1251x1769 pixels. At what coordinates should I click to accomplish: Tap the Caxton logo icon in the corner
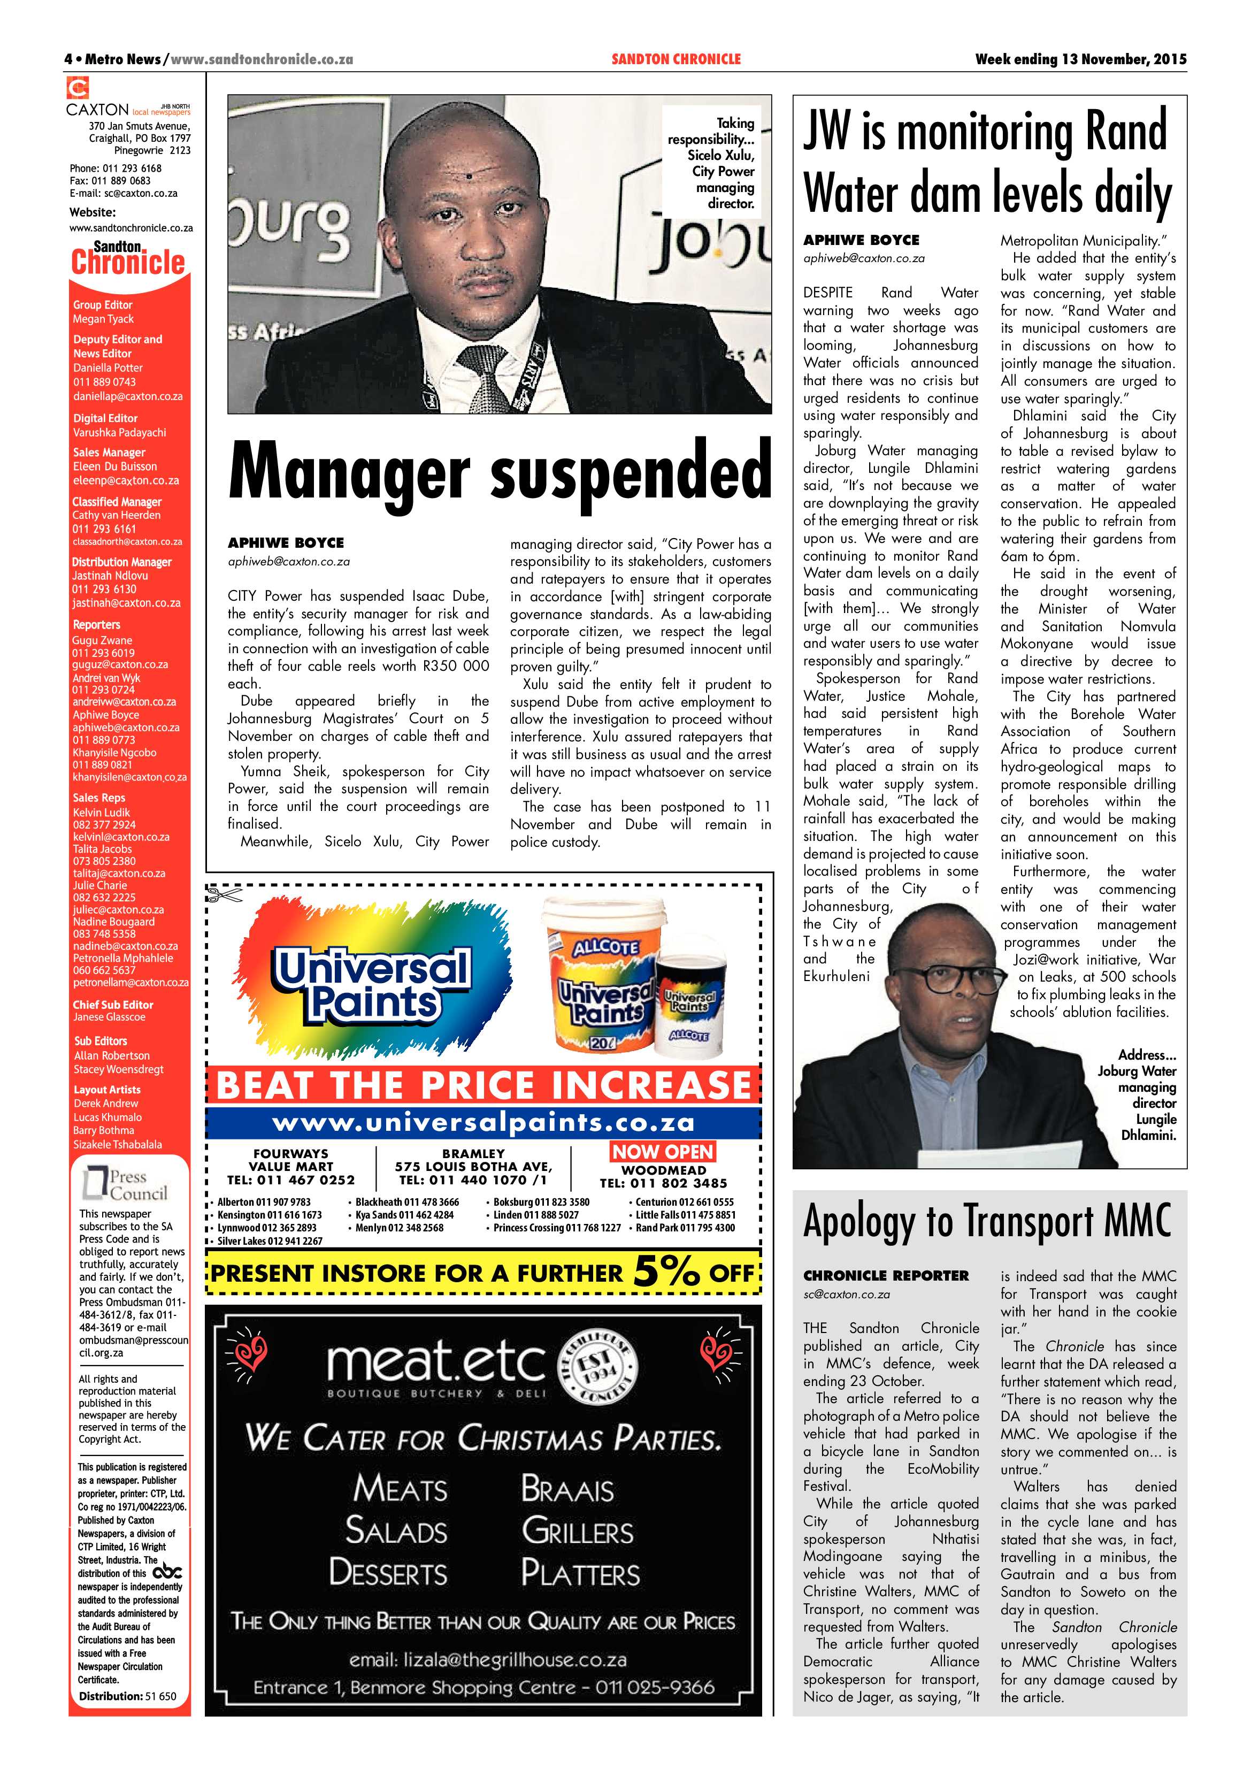click(x=78, y=88)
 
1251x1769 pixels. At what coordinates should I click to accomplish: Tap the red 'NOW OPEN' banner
click(x=663, y=1152)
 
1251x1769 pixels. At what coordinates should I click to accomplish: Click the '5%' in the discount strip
click(x=667, y=1272)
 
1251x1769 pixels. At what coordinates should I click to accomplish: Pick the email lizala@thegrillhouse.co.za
click(x=488, y=1659)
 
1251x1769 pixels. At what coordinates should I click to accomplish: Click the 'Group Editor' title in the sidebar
click(x=103, y=305)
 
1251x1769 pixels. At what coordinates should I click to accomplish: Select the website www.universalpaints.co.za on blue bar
click(x=483, y=1123)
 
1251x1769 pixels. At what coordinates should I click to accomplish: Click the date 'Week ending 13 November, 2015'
click(x=1080, y=59)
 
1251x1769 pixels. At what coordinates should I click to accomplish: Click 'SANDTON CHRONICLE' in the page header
click(x=676, y=59)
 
